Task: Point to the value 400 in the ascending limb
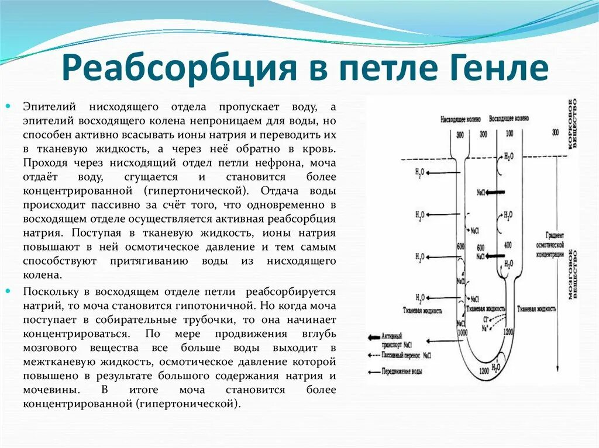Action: tap(508, 244)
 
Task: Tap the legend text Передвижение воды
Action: tap(404, 371)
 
